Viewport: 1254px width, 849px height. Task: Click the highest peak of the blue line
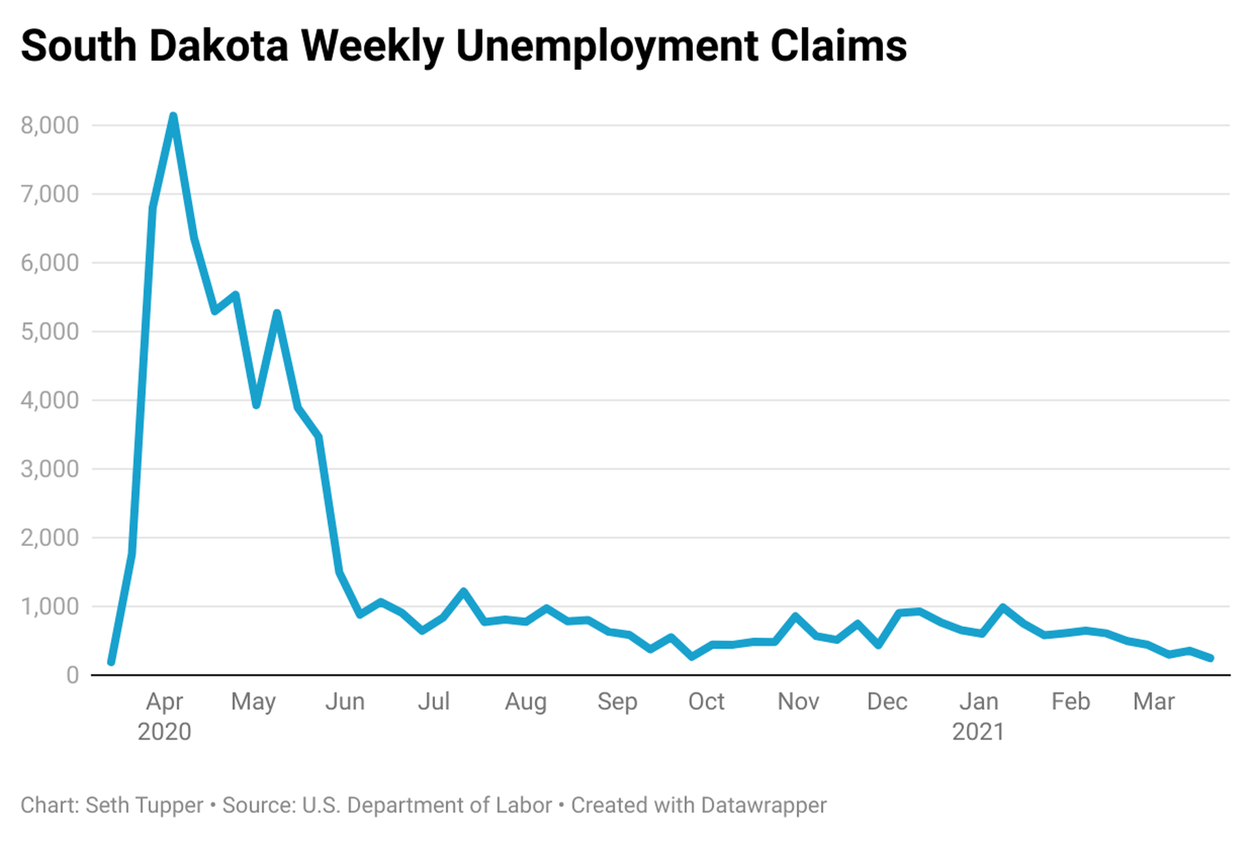[x=173, y=117]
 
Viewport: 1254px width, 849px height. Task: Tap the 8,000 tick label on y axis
[x=50, y=125]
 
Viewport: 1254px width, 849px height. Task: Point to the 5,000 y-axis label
[x=50, y=332]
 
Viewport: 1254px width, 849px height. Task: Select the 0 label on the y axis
[x=72, y=675]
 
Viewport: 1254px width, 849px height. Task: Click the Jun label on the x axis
[x=345, y=702]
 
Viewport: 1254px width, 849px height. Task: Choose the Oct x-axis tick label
[x=706, y=702]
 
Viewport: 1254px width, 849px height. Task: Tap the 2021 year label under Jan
[x=978, y=731]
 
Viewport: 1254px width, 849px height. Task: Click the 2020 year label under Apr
[x=164, y=731]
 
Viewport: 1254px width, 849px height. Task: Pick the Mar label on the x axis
[x=1153, y=702]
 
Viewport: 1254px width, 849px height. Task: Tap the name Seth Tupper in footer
[x=144, y=805]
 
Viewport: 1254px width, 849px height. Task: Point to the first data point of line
[x=111, y=662]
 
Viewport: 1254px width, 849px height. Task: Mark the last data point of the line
[x=1210, y=658]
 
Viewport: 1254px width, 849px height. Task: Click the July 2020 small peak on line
[x=464, y=592]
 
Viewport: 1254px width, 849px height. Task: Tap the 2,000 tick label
[x=50, y=538]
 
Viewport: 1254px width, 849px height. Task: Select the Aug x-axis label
[x=525, y=702]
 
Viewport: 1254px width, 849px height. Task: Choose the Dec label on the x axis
[x=886, y=702]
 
